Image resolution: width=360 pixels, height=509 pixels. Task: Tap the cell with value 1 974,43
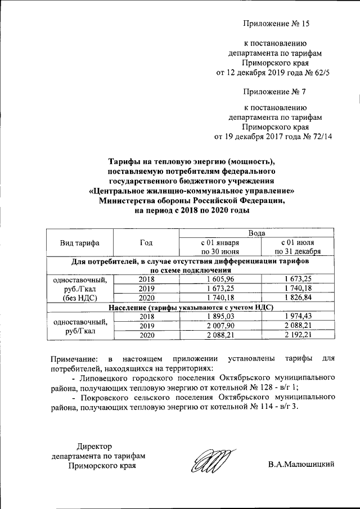(297, 317)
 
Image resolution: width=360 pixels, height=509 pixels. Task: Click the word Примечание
(73, 358)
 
